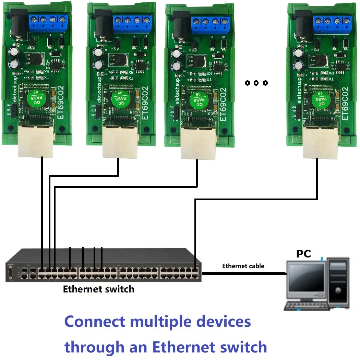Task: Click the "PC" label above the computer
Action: (303, 254)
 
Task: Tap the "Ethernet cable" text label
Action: (243, 266)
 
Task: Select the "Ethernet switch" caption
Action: (98, 289)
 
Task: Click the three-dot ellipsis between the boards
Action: (256, 83)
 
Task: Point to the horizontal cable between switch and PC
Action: (243, 273)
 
